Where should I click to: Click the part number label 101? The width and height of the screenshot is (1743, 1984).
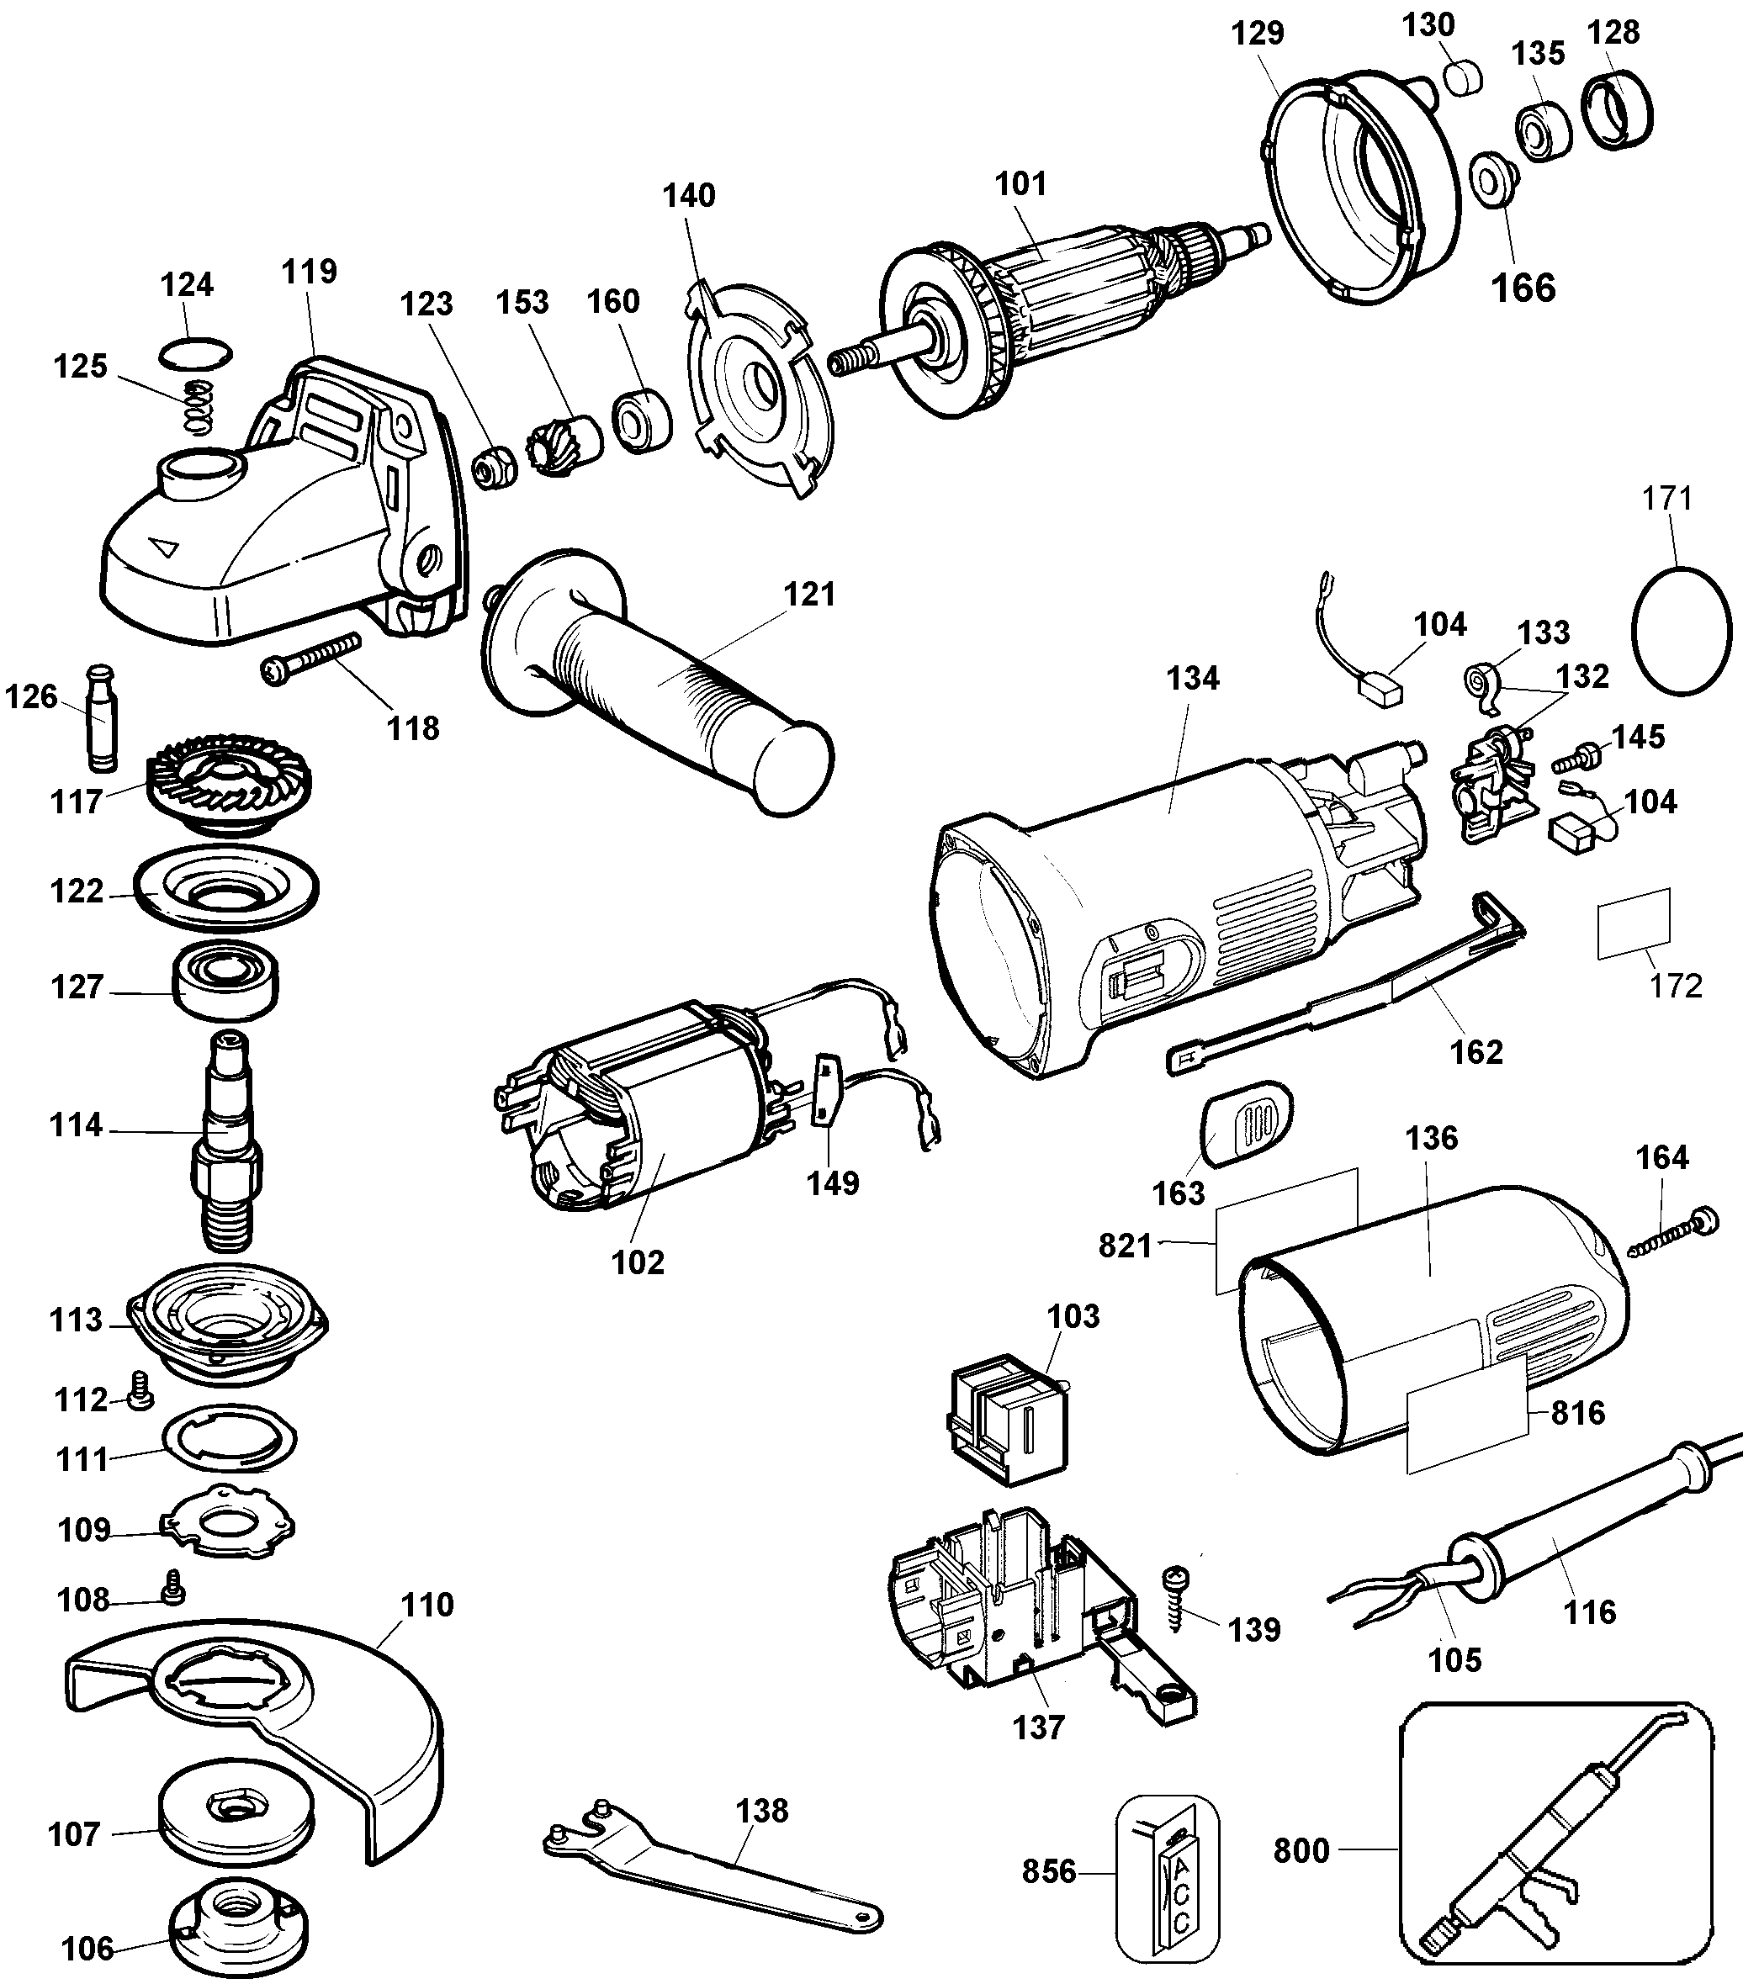pyautogui.click(x=1020, y=183)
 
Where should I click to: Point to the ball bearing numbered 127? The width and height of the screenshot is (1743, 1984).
pyautogui.click(x=225, y=984)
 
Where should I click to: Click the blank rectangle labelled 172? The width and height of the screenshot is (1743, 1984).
pyautogui.click(x=1634, y=923)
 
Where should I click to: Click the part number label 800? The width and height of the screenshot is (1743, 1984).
pyautogui.click(x=1301, y=1850)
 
